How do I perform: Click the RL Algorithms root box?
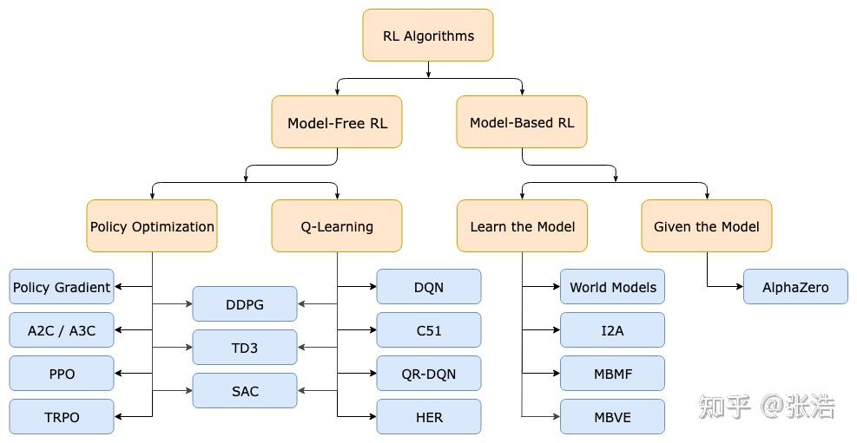point(428,36)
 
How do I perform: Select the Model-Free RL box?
point(337,122)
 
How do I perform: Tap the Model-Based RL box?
point(522,122)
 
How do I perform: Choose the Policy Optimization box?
point(152,226)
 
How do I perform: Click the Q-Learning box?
point(337,226)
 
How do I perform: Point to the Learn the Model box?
point(522,226)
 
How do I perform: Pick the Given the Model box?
point(707,226)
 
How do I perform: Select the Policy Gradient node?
point(62,286)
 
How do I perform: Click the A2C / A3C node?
point(62,330)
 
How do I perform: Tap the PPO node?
point(62,374)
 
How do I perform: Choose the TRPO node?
point(62,417)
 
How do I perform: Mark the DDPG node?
point(245,304)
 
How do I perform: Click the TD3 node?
point(245,348)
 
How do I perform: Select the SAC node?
point(245,391)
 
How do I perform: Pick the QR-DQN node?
point(429,374)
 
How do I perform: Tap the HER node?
point(429,417)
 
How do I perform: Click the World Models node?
point(613,286)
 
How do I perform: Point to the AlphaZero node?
point(795,286)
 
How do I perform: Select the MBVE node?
point(613,417)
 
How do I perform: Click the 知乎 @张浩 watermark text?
point(767,407)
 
